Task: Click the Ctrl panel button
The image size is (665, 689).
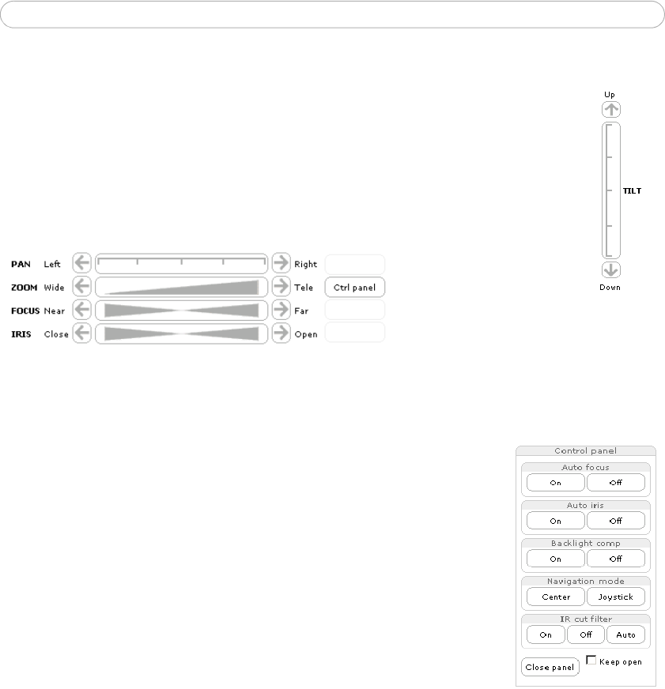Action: (x=355, y=288)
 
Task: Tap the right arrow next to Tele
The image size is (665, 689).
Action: (x=281, y=287)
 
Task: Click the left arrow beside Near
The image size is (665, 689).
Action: (x=81, y=310)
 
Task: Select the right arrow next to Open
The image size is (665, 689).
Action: (x=281, y=333)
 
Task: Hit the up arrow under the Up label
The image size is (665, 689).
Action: (x=611, y=109)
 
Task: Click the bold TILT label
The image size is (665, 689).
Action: (x=632, y=190)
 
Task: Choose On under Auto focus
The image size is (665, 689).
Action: (x=556, y=483)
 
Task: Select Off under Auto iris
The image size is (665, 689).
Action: (x=616, y=521)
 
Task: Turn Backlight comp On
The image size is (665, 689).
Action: (x=556, y=559)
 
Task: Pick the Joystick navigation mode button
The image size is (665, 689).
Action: (x=616, y=597)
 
